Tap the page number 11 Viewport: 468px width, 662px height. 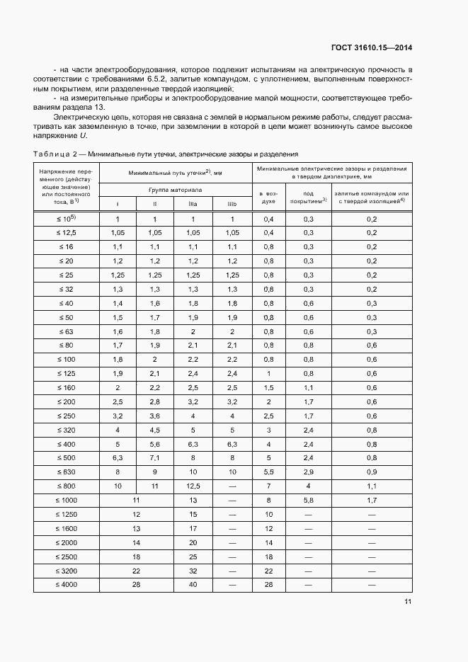[x=408, y=602]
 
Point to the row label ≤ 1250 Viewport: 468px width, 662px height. [x=66, y=514]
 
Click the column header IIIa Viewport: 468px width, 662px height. [x=193, y=204]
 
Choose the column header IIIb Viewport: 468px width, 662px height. [x=232, y=204]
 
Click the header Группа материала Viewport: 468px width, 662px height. [x=175, y=190]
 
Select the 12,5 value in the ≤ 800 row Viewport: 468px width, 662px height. [x=193, y=486]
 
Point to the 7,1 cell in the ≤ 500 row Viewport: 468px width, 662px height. [x=155, y=458]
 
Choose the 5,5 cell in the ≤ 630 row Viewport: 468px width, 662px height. [x=268, y=472]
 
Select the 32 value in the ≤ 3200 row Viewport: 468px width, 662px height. [x=193, y=570]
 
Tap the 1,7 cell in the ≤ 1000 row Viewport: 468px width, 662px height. [x=372, y=501]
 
